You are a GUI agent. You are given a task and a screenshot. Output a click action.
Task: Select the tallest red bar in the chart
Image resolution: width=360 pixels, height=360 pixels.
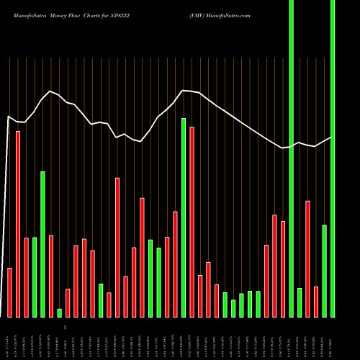(18, 223)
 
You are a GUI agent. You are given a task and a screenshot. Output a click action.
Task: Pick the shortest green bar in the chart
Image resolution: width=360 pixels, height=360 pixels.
(60, 312)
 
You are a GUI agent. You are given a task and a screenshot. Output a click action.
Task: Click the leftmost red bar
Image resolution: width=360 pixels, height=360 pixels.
(10, 292)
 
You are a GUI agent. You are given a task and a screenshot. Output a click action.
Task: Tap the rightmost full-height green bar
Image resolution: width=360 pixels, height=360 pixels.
(333, 158)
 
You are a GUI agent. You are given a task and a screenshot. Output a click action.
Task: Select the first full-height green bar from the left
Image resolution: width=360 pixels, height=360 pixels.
(291, 158)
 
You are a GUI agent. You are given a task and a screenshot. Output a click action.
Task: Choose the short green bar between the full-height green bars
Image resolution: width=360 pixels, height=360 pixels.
(300, 302)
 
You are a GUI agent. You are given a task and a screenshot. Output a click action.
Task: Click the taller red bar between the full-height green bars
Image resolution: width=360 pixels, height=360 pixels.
(307, 258)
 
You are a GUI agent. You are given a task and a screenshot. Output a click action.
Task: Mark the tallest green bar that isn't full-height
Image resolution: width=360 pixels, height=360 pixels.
(184, 217)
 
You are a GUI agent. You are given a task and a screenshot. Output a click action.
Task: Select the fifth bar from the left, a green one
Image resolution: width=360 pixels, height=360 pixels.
(43, 244)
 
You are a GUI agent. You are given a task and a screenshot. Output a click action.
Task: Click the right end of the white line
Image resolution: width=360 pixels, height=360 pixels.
(331, 137)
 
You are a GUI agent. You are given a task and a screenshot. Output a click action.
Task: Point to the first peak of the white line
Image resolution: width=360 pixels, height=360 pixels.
(50, 91)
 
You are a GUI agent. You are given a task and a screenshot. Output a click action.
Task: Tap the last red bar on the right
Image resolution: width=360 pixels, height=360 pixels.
(316, 302)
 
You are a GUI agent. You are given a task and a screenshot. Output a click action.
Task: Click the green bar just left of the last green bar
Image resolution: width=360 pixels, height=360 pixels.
(325, 271)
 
